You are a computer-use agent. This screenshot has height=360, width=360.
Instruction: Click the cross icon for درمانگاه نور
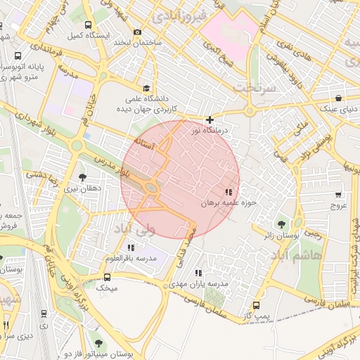click(210, 120)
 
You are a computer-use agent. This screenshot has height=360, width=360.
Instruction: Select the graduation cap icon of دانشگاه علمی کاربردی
click(146, 88)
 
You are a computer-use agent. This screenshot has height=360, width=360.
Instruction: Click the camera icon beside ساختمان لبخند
click(137, 32)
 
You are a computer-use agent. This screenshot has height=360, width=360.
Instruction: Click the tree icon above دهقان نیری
click(83, 177)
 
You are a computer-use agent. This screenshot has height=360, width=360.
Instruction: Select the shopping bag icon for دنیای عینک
click(340, 98)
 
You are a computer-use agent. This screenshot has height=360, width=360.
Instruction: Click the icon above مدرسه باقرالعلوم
click(131, 247)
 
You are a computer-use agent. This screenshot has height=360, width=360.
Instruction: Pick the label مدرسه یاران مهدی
click(198, 284)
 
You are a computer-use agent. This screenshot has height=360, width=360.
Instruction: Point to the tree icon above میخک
click(107, 276)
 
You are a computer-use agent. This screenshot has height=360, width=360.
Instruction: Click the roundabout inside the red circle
click(150, 188)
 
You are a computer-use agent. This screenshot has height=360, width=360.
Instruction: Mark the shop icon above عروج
click(339, 195)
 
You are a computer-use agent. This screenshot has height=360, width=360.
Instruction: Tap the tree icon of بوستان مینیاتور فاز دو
click(98, 343)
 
